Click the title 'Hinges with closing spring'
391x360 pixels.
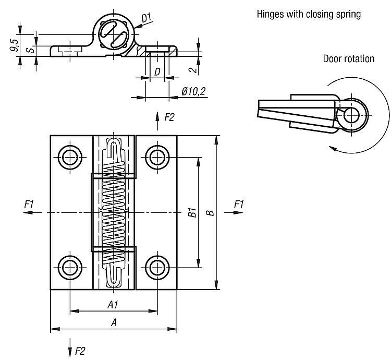pyautogui.click(x=309, y=14)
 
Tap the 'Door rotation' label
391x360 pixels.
pyautogui.click(x=348, y=58)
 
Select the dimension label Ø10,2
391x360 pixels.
pyautogui.click(x=193, y=91)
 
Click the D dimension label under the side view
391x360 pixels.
pyautogui.click(x=156, y=73)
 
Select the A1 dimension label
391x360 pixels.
pyautogui.click(x=112, y=304)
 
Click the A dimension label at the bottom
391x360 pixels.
pyautogui.click(x=114, y=322)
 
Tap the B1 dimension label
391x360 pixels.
pyautogui.click(x=191, y=213)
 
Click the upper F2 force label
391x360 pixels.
pyautogui.click(x=169, y=117)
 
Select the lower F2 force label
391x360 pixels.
pyautogui.click(x=79, y=351)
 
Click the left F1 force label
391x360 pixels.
pyautogui.click(x=29, y=204)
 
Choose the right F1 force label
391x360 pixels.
pyautogui.click(x=238, y=204)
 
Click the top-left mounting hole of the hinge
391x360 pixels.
pyautogui.click(x=69, y=156)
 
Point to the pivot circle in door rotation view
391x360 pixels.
pyautogui.click(x=353, y=114)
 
